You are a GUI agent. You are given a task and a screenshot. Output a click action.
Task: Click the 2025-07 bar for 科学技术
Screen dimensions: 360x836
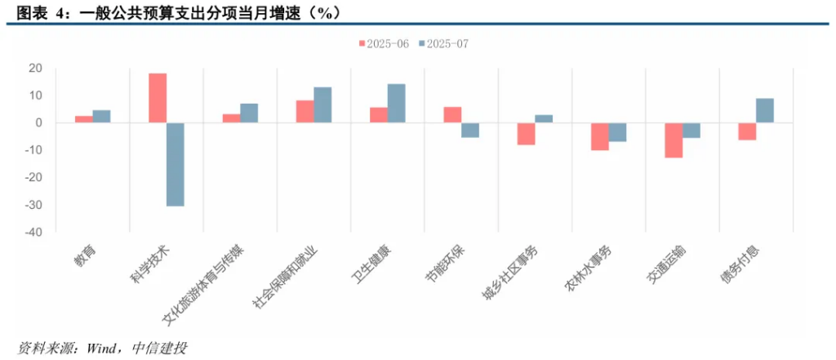[175, 164]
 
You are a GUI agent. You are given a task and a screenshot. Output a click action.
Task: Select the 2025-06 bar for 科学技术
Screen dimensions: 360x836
[158, 98]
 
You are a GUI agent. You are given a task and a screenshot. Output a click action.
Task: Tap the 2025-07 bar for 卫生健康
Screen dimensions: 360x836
[396, 103]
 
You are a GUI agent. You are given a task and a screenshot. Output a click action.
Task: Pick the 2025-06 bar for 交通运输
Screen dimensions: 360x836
[674, 140]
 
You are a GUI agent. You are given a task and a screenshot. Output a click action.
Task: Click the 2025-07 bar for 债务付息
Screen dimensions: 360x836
[765, 110]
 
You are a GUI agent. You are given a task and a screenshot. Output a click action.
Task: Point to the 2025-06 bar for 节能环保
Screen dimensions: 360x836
[452, 114]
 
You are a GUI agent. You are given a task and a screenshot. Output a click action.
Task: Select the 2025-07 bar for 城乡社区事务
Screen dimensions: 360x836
[544, 118]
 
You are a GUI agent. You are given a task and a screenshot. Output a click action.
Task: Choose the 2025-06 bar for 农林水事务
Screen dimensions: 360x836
[600, 136]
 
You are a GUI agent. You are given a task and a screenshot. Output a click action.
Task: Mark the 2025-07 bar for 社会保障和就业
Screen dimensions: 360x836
[322, 104]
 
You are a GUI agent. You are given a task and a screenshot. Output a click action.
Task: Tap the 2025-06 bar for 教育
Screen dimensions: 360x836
[83, 119]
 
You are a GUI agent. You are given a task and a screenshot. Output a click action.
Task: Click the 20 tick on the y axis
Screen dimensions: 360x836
[35, 68]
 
